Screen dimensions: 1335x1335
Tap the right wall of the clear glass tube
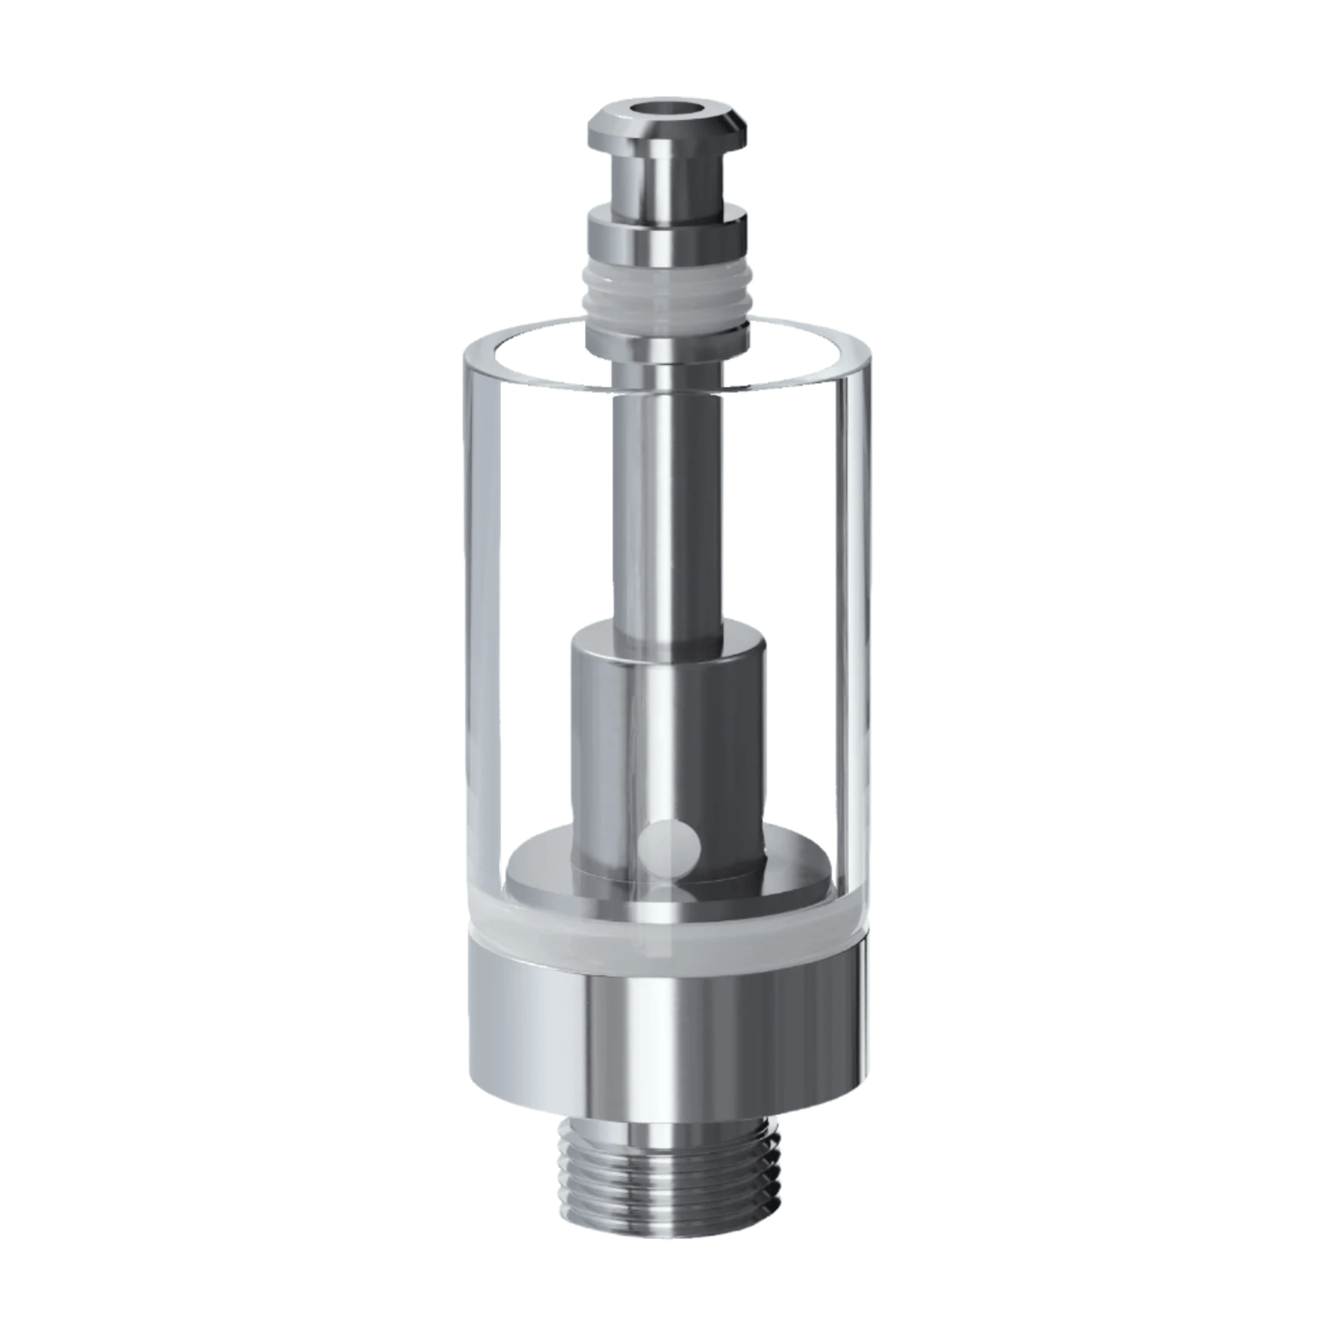tap(855, 591)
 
